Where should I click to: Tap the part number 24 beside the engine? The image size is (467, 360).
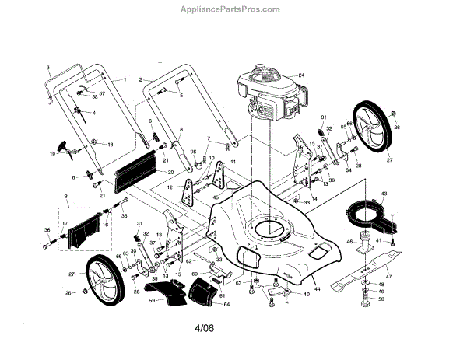[x=300, y=75]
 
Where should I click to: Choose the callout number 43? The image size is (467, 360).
[x=384, y=192]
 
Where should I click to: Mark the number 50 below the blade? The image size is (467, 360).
[x=381, y=299]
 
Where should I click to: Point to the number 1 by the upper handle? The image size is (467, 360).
[x=124, y=80]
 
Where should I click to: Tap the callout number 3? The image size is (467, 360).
[x=47, y=68]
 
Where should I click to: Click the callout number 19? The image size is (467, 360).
[x=53, y=154]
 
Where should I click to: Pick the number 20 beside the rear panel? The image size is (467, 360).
[x=170, y=171]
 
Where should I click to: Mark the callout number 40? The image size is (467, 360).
[x=307, y=294]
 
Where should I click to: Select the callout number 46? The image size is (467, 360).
[x=349, y=242]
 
